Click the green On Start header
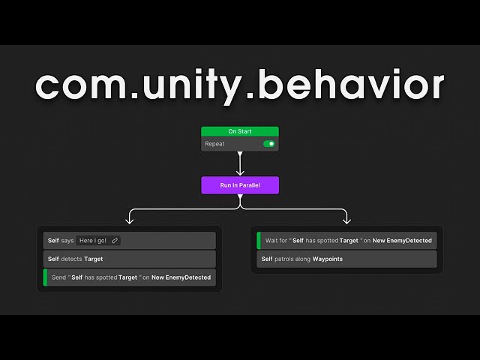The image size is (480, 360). coord(240,131)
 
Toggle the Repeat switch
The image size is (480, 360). coord(269,143)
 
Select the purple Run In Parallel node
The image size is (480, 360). coord(240,184)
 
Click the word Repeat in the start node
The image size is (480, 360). coord(216,143)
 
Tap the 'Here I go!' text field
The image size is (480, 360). coord(93,240)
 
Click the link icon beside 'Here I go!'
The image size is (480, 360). coord(114,240)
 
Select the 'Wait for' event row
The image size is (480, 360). coord(346,240)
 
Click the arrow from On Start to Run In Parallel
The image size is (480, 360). coord(240,163)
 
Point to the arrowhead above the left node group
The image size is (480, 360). coord(130,220)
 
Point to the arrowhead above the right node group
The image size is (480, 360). coord(346,220)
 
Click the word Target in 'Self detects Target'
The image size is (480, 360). coord(94,259)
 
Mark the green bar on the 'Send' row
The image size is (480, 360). coord(45,277)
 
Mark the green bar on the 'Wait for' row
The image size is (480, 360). coord(259,240)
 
